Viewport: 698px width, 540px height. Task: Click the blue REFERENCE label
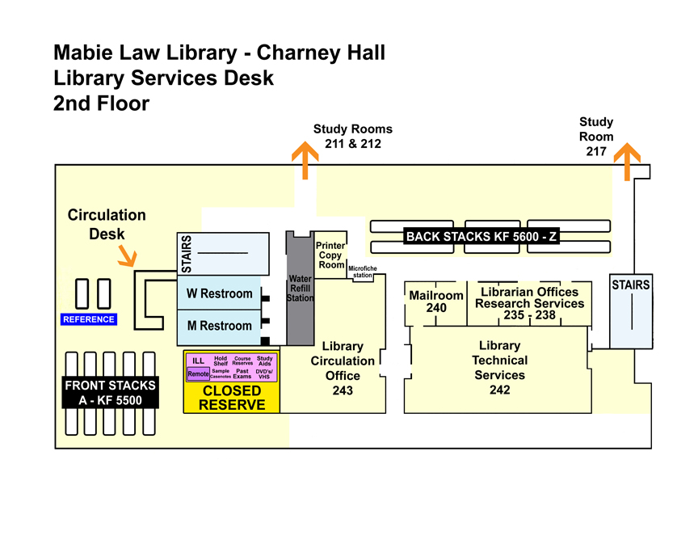[x=89, y=319]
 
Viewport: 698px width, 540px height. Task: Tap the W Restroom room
[x=219, y=293]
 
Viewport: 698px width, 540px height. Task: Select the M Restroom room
[x=219, y=326]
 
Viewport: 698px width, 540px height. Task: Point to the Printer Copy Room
[x=330, y=255]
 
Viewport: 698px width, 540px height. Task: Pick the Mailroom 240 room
[x=436, y=302]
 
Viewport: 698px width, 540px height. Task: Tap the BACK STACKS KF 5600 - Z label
[x=482, y=237]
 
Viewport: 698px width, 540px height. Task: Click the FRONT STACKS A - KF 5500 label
[x=109, y=393]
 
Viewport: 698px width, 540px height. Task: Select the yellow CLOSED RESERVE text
[x=231, y=398]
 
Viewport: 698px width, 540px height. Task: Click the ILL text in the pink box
[x=198, y=361]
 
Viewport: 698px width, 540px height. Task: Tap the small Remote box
[x=198, y=374]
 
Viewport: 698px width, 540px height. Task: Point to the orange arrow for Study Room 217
[x=627, y=163]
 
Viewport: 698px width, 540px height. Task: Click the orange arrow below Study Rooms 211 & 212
[x=305, y=159]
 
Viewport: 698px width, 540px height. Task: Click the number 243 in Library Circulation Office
[x=343, y=390]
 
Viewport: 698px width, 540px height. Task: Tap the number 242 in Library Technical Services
[x=499, y=390]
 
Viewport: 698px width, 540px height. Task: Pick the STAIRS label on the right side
[x=631, y=285]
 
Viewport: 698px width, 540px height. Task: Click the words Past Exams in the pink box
[x=242, y=373]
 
